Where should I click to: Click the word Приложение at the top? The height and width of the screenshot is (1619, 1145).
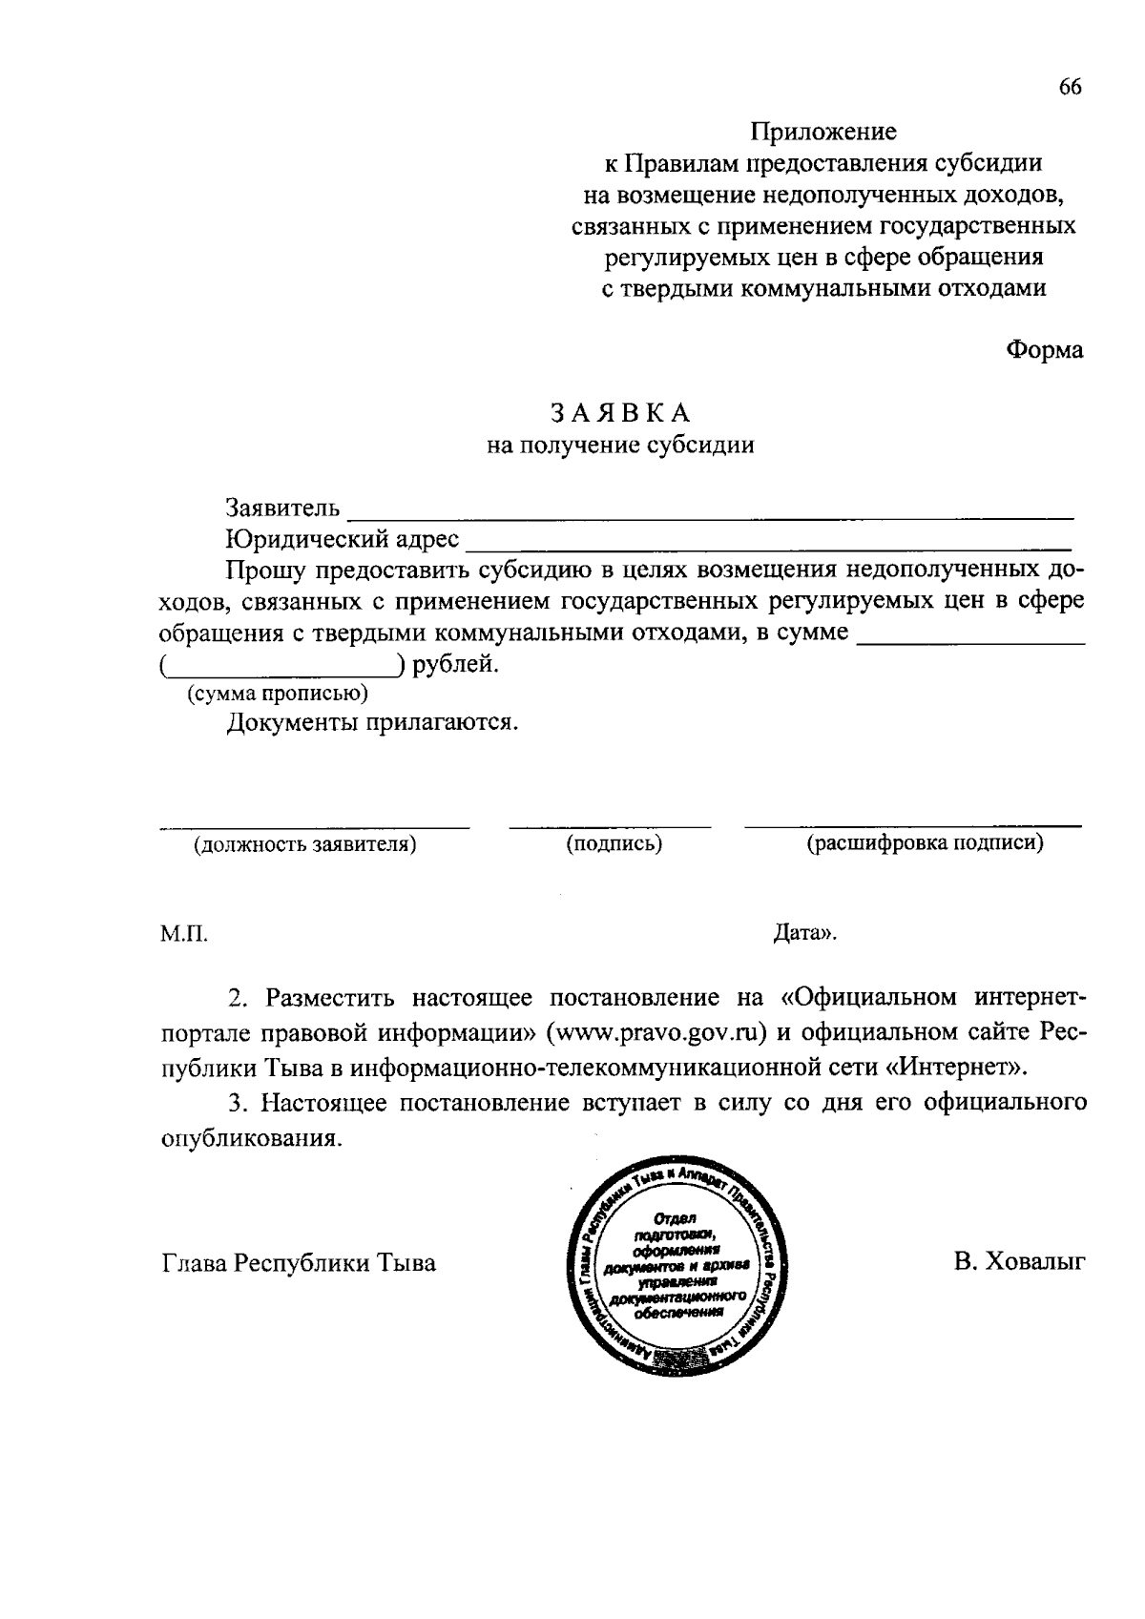point(822,131)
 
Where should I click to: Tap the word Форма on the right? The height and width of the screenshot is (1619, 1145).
point(1045,350)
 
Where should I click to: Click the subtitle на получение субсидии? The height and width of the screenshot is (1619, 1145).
point(620,445)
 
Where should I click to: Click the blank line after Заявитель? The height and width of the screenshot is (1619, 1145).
point(711,513)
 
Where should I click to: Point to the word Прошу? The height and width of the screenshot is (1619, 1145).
point(264,571)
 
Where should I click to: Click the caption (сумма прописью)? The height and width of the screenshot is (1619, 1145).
point(277,694)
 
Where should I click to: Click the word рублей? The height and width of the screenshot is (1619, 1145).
point(455,664)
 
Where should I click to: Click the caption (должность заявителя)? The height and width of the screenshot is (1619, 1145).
point(305,844)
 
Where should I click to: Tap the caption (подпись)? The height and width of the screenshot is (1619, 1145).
point(614,844)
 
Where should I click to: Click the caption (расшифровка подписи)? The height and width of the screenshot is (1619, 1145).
point(925,843)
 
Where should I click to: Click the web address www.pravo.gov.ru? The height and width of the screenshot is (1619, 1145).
point(657,1032)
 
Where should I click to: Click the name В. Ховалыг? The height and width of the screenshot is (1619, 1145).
point(1019,1263)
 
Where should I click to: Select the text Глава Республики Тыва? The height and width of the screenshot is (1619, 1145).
point(298,1263)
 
